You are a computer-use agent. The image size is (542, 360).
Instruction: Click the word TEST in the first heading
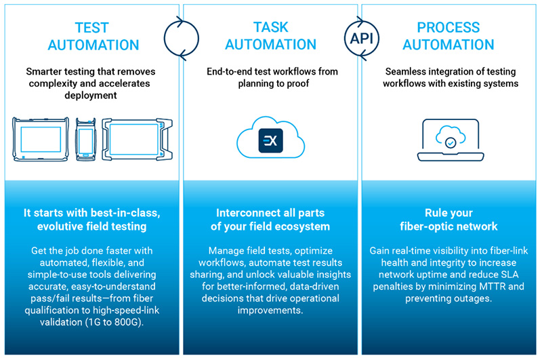[92, 28]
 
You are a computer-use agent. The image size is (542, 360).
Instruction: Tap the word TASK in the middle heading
[270, 27]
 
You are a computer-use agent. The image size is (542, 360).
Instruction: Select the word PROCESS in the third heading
[449, 27]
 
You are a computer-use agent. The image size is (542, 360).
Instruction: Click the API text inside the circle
[362, 39]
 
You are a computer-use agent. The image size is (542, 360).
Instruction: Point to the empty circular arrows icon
[165, 38]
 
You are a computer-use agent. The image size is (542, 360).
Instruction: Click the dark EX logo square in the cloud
[270, 140]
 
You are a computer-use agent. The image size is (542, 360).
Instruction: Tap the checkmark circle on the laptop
[451, 142]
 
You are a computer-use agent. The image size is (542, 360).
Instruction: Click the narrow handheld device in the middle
[86, 140]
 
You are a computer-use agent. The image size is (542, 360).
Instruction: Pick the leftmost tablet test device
[41, 140]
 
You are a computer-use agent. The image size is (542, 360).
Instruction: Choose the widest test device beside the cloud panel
[138, 140]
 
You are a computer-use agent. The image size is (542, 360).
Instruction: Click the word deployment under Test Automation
[91, 96]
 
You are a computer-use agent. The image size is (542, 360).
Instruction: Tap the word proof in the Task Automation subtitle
[298, 83]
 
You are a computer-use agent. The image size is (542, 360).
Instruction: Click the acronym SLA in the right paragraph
[509, 275]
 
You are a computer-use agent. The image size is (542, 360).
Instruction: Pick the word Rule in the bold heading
[434, 213]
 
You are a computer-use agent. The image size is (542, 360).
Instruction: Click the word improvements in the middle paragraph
[270, 311]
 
